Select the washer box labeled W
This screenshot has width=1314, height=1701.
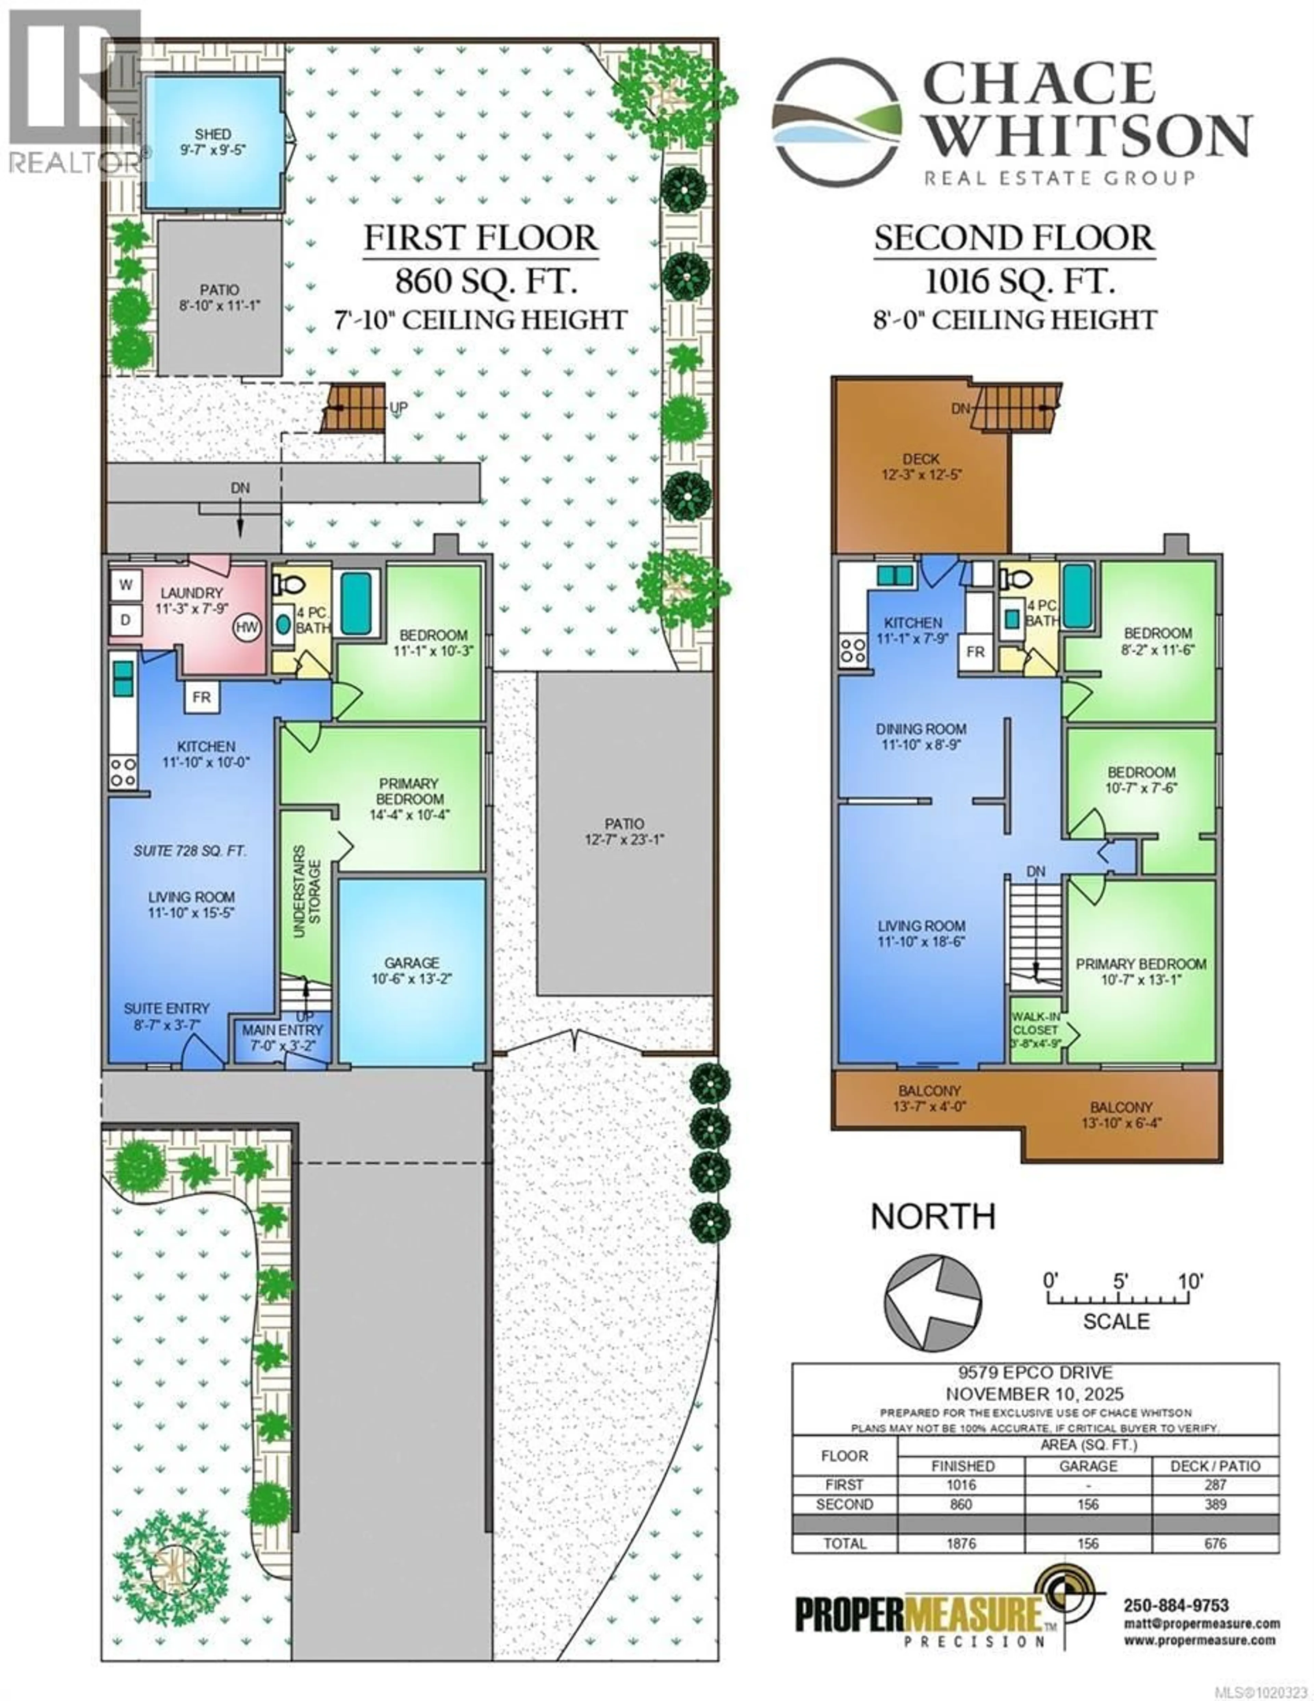coord(125,584)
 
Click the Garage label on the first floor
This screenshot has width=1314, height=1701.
coord(411,970)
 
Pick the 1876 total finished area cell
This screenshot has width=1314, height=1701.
coord(961,1543)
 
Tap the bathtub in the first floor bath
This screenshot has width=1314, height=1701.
coord(358,603)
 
